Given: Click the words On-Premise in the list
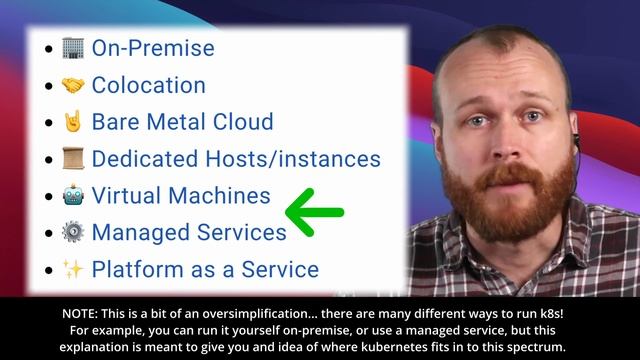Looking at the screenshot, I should (152, 48).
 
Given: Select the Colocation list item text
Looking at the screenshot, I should (148, 85).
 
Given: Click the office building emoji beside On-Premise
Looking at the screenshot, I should (73, 48).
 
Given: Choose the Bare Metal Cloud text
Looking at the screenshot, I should (182, 122).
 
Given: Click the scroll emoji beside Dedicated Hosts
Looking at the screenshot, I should (73, 159).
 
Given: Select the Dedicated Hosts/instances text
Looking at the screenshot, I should (236, 159).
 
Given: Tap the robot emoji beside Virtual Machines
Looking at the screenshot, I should (73, 196).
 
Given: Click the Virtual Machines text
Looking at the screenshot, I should (181, 196).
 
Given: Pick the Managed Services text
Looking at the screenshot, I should (189, 233).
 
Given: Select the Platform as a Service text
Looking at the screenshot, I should (205, 270).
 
